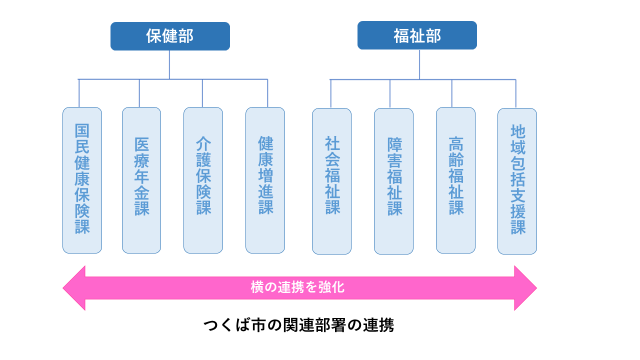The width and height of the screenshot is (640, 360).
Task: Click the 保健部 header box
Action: click(x=170, y=36)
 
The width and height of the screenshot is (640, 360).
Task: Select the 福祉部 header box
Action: click(x=417, y=35)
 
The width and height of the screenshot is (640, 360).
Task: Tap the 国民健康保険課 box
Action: click(x=82, y=180)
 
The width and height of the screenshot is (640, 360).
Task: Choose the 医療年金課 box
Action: click(x=141, y=180)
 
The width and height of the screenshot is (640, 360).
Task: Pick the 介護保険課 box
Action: click(x=203, y=180)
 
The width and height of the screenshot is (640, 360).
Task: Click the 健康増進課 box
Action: click(x=265, y=180)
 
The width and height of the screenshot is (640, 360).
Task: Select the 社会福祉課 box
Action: click(x=331, y=181)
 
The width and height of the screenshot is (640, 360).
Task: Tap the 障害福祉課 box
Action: click(x=393, y=181)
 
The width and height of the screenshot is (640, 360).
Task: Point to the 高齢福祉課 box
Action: click(x=455, y=180)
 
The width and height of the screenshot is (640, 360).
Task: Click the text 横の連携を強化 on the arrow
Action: click(x=297, y=288)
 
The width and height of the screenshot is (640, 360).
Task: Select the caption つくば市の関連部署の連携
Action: click(x=298, y=325)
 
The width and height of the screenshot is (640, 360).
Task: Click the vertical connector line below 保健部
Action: click(x=169, y=64)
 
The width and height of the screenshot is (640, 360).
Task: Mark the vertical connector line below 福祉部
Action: click(x=419, y=64)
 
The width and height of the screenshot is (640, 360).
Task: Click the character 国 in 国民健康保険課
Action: click(x=82, y=131)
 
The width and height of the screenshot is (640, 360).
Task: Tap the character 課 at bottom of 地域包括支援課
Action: click(x=518, y=227)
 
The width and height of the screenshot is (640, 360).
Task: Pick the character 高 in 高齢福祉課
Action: click(x=456, y=144)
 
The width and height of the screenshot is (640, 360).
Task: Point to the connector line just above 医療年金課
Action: click(x=139, y=93)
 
